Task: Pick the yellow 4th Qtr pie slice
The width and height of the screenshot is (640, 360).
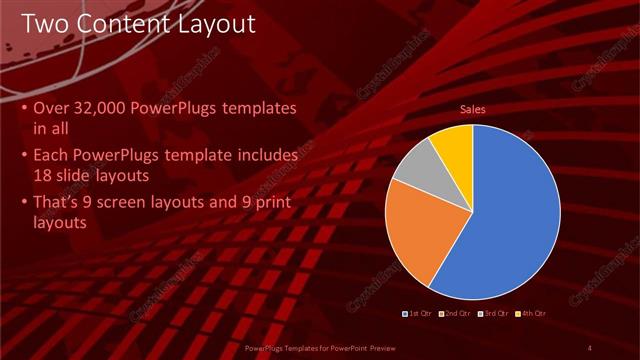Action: (453, 142)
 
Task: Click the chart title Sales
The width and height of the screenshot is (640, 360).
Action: (472, 109)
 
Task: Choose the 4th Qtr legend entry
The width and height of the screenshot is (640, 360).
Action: (531, 314)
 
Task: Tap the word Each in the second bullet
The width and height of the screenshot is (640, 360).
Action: (51, 156)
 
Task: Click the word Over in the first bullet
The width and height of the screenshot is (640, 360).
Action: (51, 108)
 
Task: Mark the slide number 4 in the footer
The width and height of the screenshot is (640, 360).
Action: (591, 347)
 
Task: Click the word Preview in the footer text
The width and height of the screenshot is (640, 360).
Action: (396, 347)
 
